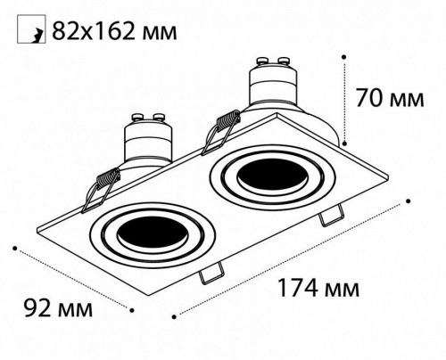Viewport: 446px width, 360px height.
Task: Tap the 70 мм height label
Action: tap(392, 96)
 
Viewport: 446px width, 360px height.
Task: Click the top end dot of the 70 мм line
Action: tap(343, 54)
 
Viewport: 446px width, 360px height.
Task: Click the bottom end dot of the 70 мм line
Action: tap(343, 142)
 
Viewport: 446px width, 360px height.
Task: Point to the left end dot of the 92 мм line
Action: tap(14, 245)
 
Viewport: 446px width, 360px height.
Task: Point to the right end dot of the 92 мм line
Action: tap(132, 311)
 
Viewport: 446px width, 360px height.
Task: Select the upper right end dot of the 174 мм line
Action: tap(409, 200)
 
